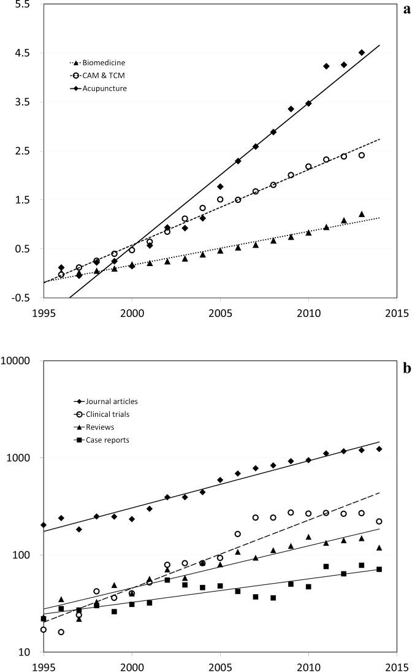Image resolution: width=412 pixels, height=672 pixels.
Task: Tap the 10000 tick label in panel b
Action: [x=17, y=361]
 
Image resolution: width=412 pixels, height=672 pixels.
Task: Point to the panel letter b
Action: [x=407, y=369]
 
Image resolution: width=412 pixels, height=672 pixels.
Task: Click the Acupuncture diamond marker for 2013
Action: [x=362, y=53]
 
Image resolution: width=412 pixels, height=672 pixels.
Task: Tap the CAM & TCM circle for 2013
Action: [x=362, y=155]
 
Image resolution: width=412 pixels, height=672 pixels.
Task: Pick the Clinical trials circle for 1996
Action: [x=61, y=632]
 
